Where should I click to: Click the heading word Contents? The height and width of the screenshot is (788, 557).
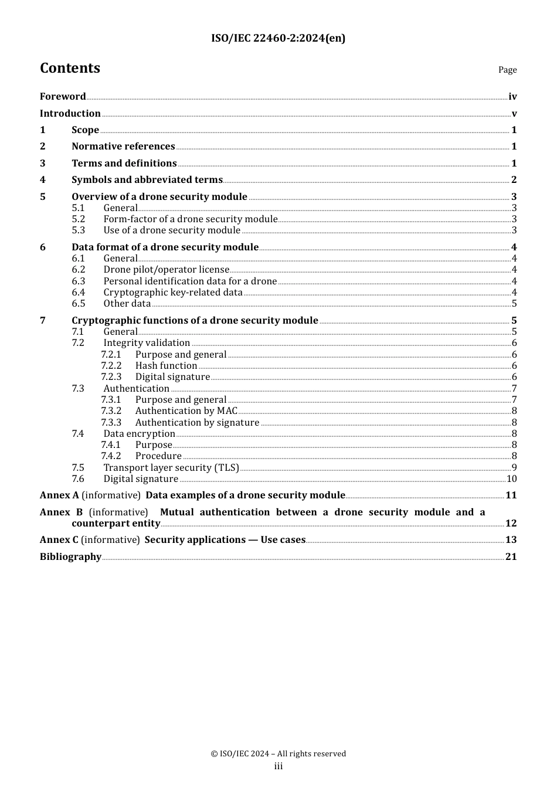70,68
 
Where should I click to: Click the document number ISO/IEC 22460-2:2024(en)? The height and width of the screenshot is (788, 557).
278,38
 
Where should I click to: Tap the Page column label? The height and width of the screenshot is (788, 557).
507,70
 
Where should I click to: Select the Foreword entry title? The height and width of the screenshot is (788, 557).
63,97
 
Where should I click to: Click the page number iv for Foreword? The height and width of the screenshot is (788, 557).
512,97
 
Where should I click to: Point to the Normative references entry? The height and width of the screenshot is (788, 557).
123,147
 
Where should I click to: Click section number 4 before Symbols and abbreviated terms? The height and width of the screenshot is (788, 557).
43,180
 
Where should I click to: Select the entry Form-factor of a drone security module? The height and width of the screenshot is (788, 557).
190,219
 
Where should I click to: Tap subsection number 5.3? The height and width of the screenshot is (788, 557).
79,230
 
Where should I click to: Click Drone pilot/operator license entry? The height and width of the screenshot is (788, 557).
166,270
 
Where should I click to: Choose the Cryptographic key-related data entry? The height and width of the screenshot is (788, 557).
173,293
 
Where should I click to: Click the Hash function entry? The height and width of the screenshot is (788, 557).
166,366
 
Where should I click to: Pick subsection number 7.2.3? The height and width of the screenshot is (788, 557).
111,377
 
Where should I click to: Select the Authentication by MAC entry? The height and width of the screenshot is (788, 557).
186,411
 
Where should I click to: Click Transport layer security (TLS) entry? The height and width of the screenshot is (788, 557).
171,468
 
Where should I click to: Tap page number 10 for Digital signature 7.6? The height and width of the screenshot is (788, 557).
511,479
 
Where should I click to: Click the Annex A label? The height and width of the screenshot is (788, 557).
59,495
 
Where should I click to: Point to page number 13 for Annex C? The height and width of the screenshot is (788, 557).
511,540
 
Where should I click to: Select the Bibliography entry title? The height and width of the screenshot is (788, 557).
70,557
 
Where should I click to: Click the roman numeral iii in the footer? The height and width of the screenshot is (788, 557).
278,766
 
